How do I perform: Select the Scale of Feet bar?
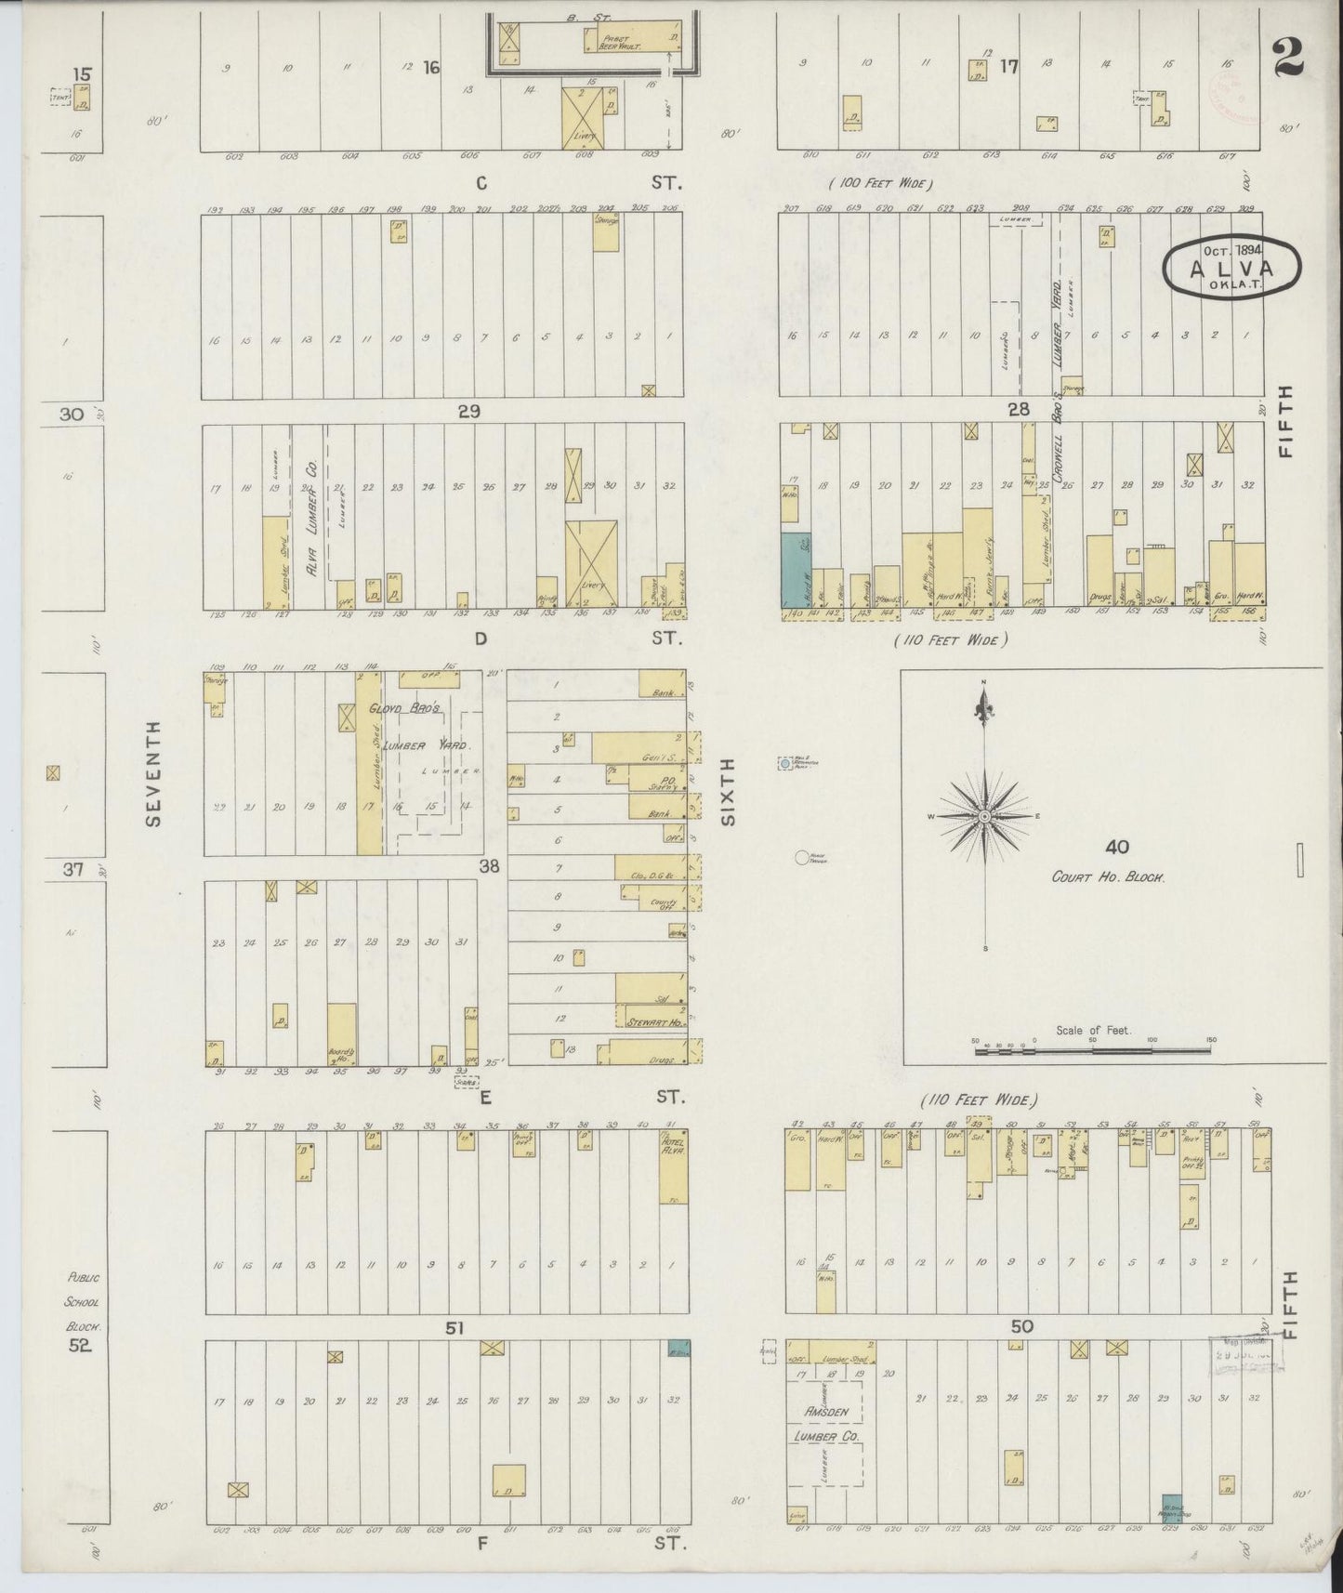[1093, 1050]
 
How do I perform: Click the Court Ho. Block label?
[1108, 876]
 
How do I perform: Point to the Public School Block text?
[82, 1303]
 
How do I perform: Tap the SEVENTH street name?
[153, 773]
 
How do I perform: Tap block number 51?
[454, 1327]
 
